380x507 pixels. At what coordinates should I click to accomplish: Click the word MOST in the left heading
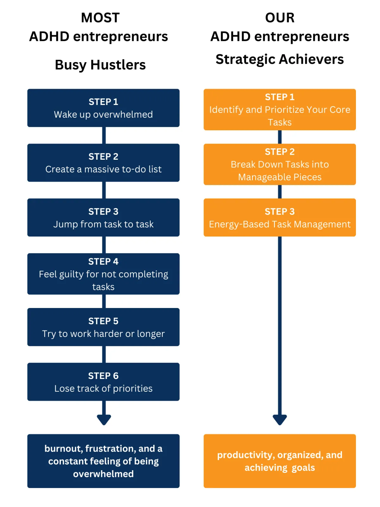pyautogui.click(x=100, y=17)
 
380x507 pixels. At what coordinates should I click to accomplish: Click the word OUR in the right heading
pyautogui.click(x=279, y=17)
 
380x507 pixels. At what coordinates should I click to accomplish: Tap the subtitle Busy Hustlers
pyautogui.click(x=100, y=65)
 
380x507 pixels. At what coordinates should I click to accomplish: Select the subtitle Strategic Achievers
pyautogui.click(x=279, y=59)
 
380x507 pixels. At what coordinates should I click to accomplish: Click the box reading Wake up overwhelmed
pyautogui.click(x=103, y=108)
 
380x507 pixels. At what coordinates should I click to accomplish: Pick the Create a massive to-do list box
pyautogui.click(x=103, y=163)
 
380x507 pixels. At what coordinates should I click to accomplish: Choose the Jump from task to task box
pyautogui.click(x=103, y=217)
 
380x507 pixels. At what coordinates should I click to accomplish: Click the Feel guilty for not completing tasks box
pyautogui.click(x=103, y=274)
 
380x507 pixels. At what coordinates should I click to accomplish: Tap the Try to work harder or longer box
pyautogui.click(x=103, y=327)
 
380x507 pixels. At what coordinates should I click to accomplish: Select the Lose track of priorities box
pyautogui.click(x=103, y=382)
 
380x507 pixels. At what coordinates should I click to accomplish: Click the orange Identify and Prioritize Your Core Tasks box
pyautogui.click(x=280, y=110)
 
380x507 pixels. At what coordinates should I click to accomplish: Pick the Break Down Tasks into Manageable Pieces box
pyautogui.click(x=280, y=164)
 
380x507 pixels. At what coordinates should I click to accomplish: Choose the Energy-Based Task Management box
pyautogui.click(x=280, y=217)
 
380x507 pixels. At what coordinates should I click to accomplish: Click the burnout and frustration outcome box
pyautogui.click(x=103, y=461)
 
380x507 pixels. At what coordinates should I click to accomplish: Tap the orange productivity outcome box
pyautogui.click(x=280, y=461)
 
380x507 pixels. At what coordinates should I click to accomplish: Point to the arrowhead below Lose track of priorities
pyautogui.click(x=104, y=420)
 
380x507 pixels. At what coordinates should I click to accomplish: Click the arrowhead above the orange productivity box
pyautogui.click(x=280, y=420)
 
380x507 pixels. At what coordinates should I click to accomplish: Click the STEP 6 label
pyautogui.click(x=103, y=376)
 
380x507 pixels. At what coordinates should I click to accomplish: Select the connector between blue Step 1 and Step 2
pyautogui.click(x=104, y=135)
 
